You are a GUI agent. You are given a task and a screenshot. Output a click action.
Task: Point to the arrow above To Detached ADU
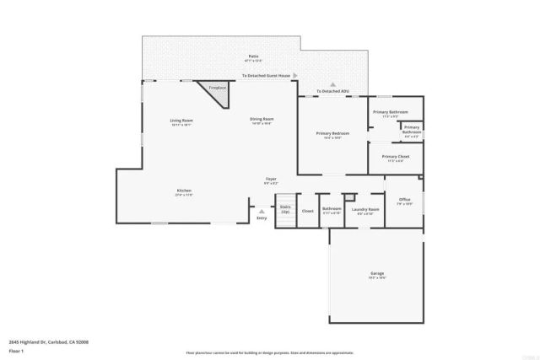[332, 84]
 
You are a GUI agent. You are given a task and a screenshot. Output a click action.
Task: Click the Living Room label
[181, 121]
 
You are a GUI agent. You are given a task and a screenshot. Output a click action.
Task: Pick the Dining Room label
[262, 120]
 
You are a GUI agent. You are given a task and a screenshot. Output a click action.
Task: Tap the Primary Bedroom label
[332, 133]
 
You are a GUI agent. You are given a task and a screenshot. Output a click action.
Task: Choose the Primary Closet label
[395, 157]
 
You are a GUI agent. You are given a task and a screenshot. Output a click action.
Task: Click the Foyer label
[271, 179]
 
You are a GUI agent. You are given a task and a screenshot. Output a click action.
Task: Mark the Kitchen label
[184, 191]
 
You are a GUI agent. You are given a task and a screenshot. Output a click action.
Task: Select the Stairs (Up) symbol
[284, 208]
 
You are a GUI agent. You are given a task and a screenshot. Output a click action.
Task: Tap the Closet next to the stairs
[307, 211]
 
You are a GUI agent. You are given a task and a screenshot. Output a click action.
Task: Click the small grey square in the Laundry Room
[348, 196]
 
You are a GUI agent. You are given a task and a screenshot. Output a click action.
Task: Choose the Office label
[405, 200]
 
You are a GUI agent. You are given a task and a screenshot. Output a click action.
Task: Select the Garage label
[377, 274]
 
